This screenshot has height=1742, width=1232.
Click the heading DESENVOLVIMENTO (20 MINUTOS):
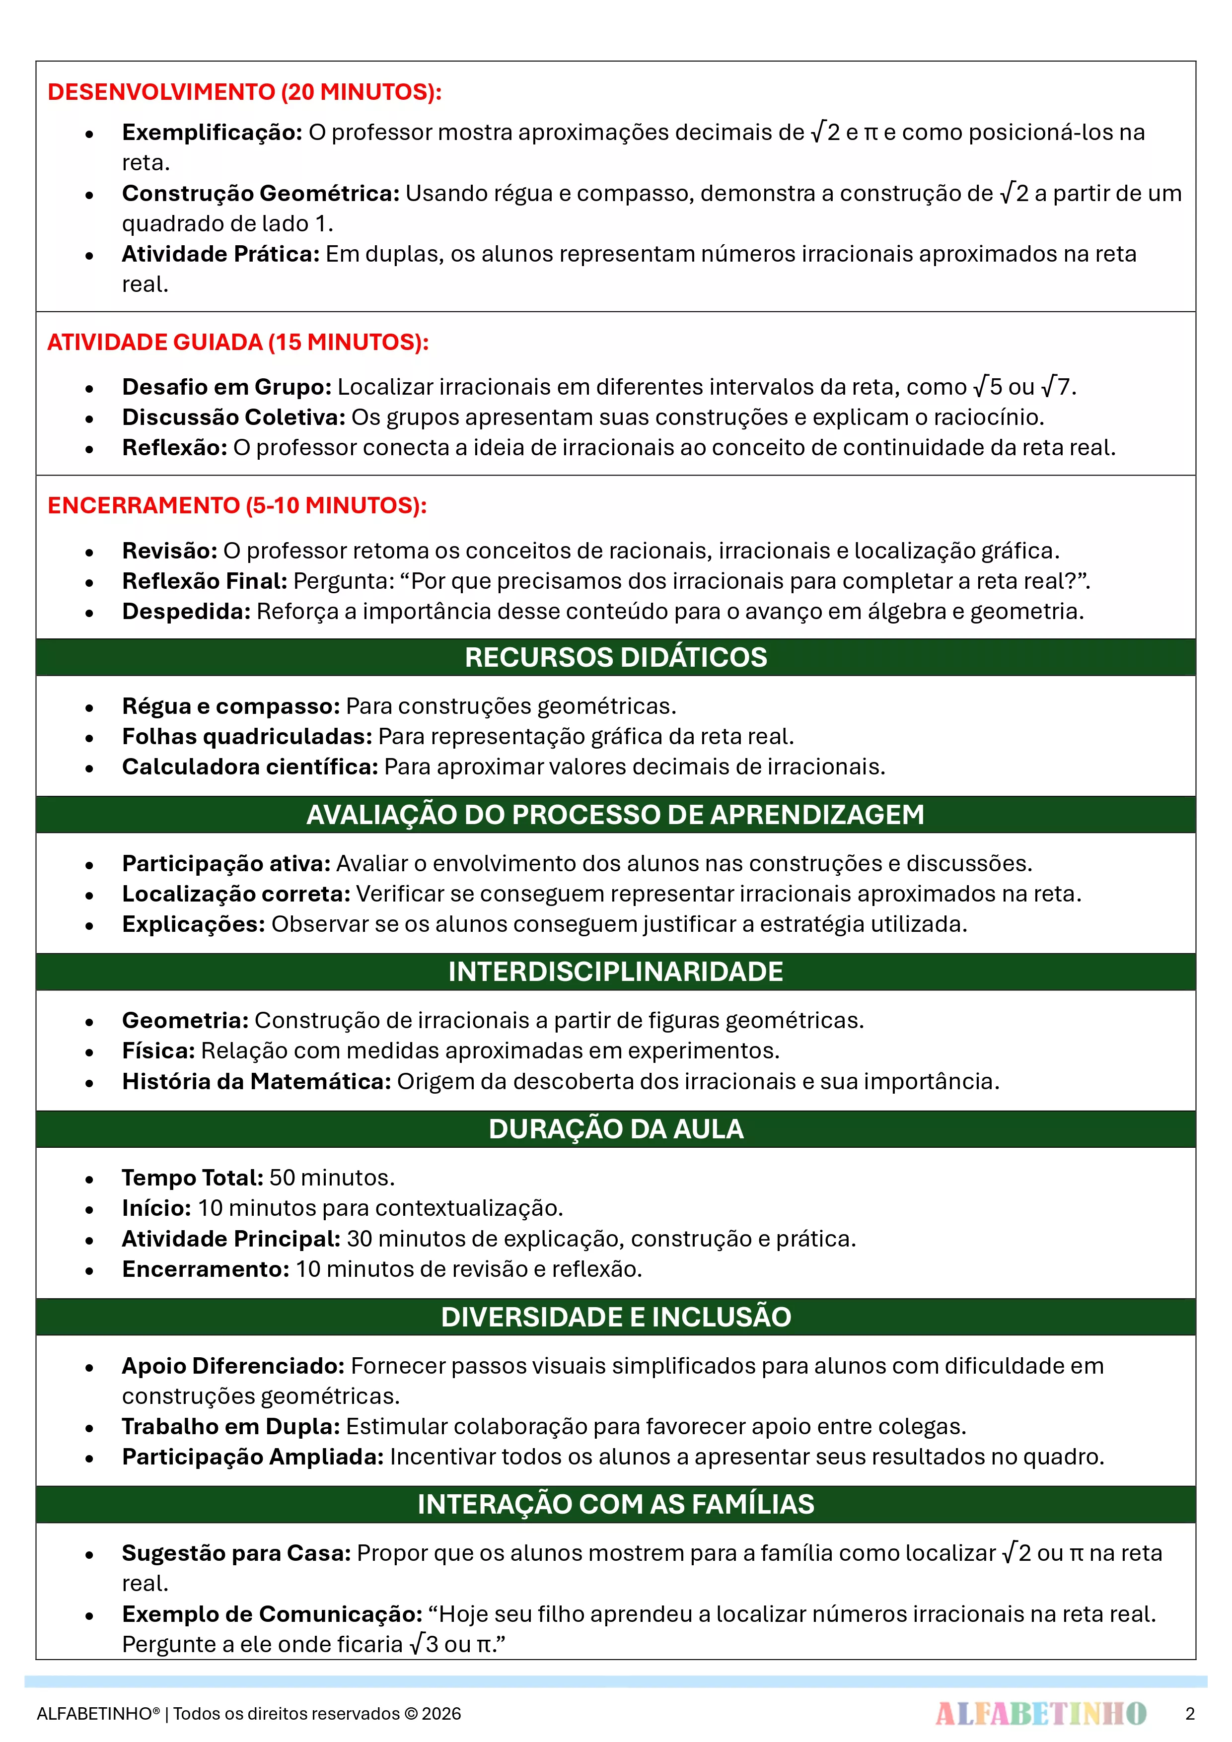pos(244,92)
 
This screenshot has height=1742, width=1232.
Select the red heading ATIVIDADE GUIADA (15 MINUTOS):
pos(237,342)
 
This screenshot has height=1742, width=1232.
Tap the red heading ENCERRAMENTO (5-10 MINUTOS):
pos(237,505)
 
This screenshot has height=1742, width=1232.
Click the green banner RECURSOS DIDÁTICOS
pos(616,657)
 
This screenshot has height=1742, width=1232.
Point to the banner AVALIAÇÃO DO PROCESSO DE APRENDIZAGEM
pos(616,814)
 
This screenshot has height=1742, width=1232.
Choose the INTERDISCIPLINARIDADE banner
pos(616,971)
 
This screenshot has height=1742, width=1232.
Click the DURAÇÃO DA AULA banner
pos(616,1128)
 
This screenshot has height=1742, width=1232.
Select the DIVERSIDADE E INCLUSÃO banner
pos(616,1317)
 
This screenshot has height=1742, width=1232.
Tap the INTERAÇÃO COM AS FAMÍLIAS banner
pos(616,1504)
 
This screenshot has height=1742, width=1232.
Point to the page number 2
pos(1189,1713)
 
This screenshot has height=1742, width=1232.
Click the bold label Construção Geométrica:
pos(260,194)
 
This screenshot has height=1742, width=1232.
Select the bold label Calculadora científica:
pos(250,766)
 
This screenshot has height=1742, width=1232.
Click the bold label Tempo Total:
pos(193,1178)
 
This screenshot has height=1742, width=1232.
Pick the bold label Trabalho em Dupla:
pos(231,1426)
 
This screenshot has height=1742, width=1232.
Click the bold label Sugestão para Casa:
pos(236,1553)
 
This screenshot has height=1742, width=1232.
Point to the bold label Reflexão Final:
pos(204,581)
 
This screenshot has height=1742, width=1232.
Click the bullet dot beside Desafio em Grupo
pos(89,388)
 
